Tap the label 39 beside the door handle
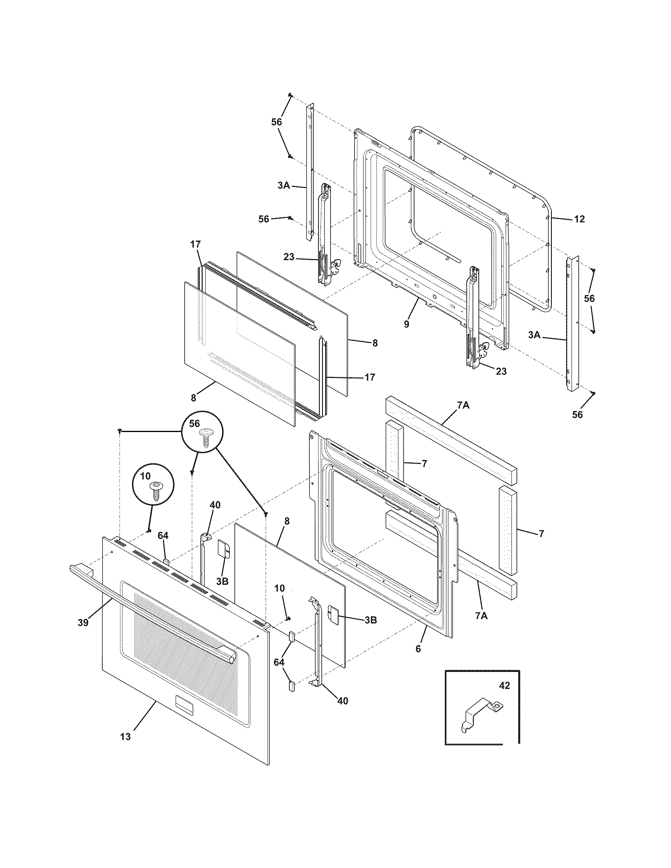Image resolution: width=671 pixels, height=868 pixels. coord(83,622)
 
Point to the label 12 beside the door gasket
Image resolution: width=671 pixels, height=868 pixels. coord(579,219)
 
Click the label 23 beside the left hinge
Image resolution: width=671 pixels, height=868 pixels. coord(289,257)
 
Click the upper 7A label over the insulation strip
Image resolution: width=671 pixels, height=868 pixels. coord(463,405)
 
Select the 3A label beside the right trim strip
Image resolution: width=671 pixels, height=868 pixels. coord(534,335)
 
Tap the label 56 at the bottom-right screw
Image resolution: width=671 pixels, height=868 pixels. coord(577,415)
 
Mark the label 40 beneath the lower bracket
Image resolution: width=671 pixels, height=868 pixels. coord(342,701)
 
